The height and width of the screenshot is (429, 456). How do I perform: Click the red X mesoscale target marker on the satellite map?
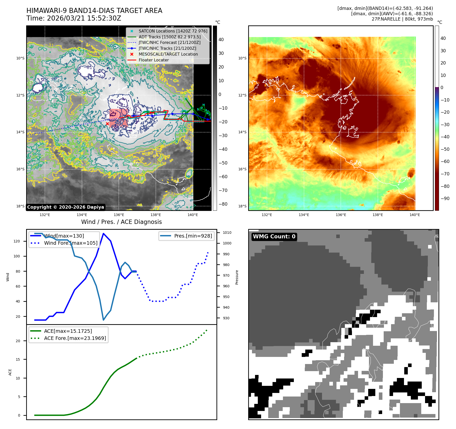[107, 124]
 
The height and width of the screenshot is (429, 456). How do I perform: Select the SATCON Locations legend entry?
[173, 31]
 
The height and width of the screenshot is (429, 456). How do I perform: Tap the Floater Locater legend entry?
[154, 60]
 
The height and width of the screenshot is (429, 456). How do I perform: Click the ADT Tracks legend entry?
[170, 37]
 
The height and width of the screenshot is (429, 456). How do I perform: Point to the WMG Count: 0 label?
[274, 237]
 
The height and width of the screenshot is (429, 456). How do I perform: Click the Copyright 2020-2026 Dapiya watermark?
[65, 207]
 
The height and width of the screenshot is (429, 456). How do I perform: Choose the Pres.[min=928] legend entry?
[193, 236]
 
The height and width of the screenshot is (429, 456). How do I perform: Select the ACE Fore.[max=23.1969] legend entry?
[75, 338]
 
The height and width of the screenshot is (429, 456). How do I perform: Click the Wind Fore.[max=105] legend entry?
[71, 243]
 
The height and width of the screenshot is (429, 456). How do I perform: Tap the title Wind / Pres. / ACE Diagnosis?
[121, 222]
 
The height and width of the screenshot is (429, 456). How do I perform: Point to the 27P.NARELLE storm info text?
[402, 19]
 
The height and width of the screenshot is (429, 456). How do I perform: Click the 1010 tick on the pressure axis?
[227, 233]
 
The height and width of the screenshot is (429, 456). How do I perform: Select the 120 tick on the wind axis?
[17, 241]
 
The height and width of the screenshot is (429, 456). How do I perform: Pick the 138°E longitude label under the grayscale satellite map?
[156, 215]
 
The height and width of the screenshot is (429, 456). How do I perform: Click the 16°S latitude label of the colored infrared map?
[242, 169]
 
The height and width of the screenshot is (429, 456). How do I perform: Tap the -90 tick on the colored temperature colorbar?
[445, 199]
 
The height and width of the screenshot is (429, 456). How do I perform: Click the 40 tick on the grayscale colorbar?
[221, 40]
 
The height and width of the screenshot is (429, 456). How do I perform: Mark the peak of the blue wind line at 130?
[103, 233]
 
